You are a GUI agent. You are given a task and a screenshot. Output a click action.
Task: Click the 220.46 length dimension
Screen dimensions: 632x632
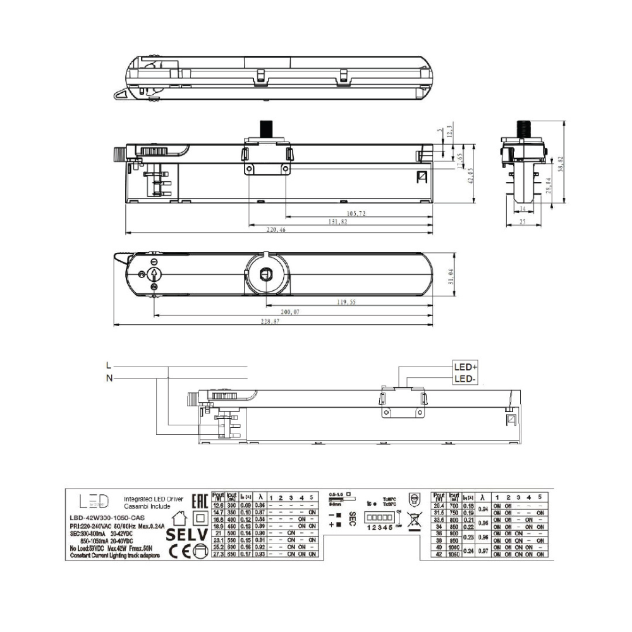click(x=277, y=231)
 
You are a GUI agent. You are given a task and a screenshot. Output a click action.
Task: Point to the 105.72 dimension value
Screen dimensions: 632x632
click(x=357, y=214)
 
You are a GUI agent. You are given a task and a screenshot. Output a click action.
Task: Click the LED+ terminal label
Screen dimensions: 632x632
click(x=466, y=367)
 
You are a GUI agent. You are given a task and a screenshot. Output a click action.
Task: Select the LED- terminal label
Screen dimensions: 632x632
click(x=466, y=379)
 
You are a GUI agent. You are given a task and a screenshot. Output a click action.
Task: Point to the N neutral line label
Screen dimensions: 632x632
click(x=109, y=378)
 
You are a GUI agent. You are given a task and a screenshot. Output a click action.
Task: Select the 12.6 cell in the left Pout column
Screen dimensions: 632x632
click(x=218, y=506)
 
